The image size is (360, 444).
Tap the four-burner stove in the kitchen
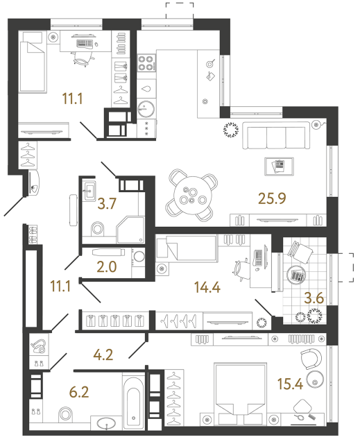(146, 64)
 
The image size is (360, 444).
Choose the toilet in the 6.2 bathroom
(67, 414)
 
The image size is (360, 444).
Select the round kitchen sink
(146, 109)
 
